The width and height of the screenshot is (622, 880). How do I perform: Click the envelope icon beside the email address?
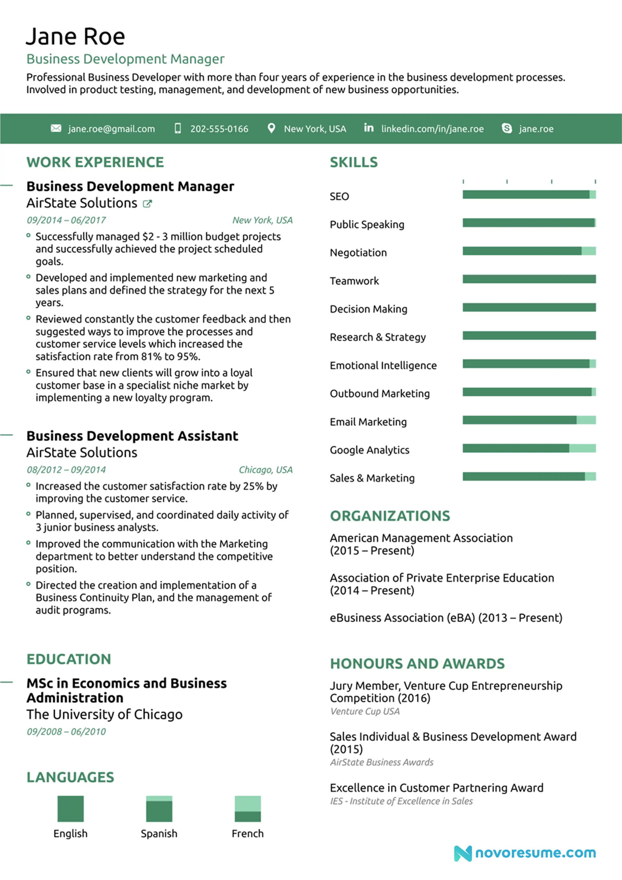tap(56, 128)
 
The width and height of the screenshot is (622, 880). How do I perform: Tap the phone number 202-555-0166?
tap(219, 129)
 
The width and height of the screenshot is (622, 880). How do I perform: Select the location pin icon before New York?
tap(271, 128)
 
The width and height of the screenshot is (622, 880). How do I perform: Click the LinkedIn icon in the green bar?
tap(369, 128)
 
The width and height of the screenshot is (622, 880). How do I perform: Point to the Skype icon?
tap(507, 128)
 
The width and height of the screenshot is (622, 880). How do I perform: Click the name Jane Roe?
tap(75, 37)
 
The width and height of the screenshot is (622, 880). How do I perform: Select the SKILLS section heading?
tap(353, 163)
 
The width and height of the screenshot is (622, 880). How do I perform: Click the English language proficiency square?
tap(71, 808)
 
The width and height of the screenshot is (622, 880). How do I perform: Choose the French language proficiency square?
tap(248, 808)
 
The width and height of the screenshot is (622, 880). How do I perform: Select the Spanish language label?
tap(159, 834)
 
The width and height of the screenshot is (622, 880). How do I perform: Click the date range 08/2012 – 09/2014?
tap(66, 470)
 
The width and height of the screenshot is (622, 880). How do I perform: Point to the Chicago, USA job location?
tap(265, 470)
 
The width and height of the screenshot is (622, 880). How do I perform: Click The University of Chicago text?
tap(104, 714)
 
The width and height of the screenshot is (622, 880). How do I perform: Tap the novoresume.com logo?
tap(524, 853)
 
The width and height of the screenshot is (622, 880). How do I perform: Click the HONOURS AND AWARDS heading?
tap(417, 664)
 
